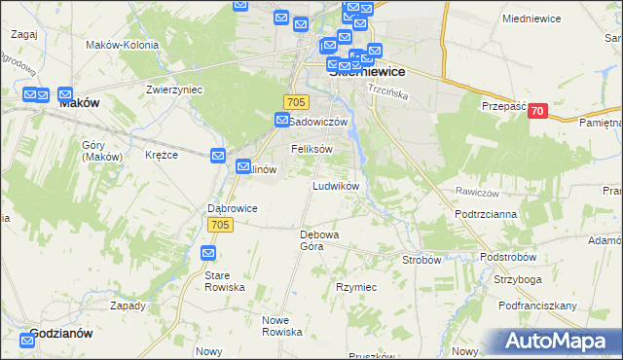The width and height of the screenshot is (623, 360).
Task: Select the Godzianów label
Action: [61, 333]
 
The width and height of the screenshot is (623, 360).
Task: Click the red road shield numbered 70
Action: [536, 112]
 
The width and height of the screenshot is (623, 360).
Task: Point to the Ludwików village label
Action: [337, 185]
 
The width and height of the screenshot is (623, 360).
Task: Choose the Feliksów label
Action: [312, 149]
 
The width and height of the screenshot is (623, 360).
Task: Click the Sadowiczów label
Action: [320, 121]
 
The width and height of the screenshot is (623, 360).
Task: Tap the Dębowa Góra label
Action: [319, 240]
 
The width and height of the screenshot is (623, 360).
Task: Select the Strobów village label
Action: [422, 260]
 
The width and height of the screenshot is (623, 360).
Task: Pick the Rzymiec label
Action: [356, 288]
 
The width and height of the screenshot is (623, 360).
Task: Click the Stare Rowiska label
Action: [224, 282]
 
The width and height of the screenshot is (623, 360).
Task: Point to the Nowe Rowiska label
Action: [283, 325]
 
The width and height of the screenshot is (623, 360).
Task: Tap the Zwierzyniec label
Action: [147, 88]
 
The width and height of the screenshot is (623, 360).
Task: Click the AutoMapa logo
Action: [556, 342]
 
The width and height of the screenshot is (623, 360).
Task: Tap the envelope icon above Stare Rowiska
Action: [208, 253]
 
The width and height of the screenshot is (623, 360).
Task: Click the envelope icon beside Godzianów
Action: [26, 340]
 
